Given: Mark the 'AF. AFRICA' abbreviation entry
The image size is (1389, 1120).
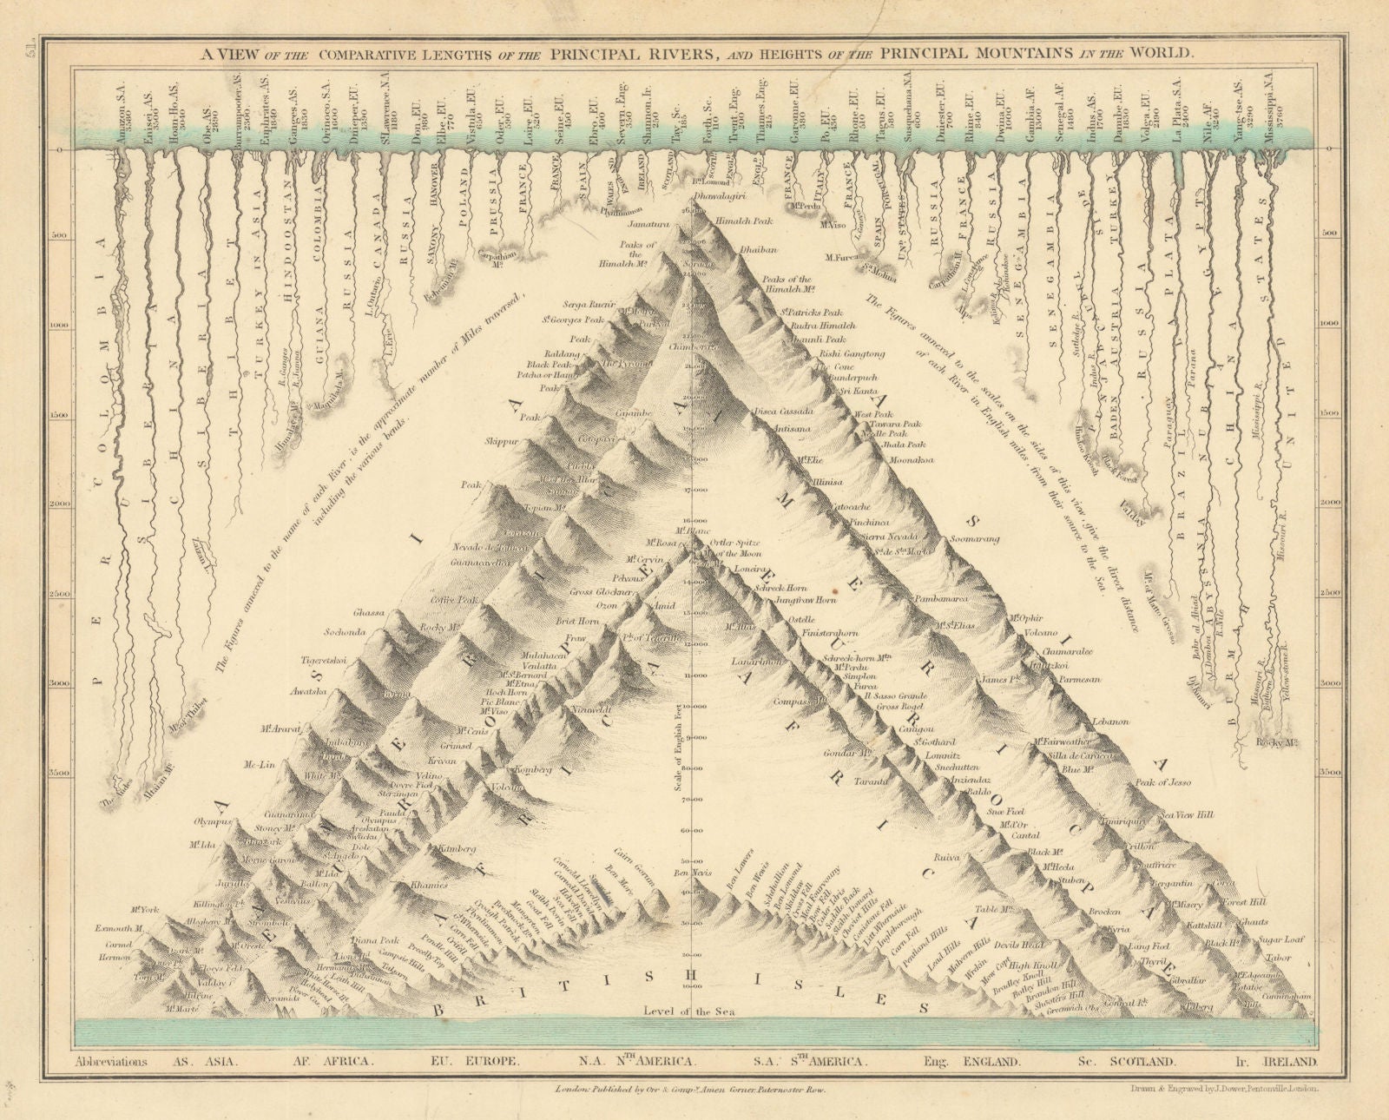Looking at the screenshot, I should point(335,1061).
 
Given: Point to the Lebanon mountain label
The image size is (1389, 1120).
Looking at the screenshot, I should point(1111,721).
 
